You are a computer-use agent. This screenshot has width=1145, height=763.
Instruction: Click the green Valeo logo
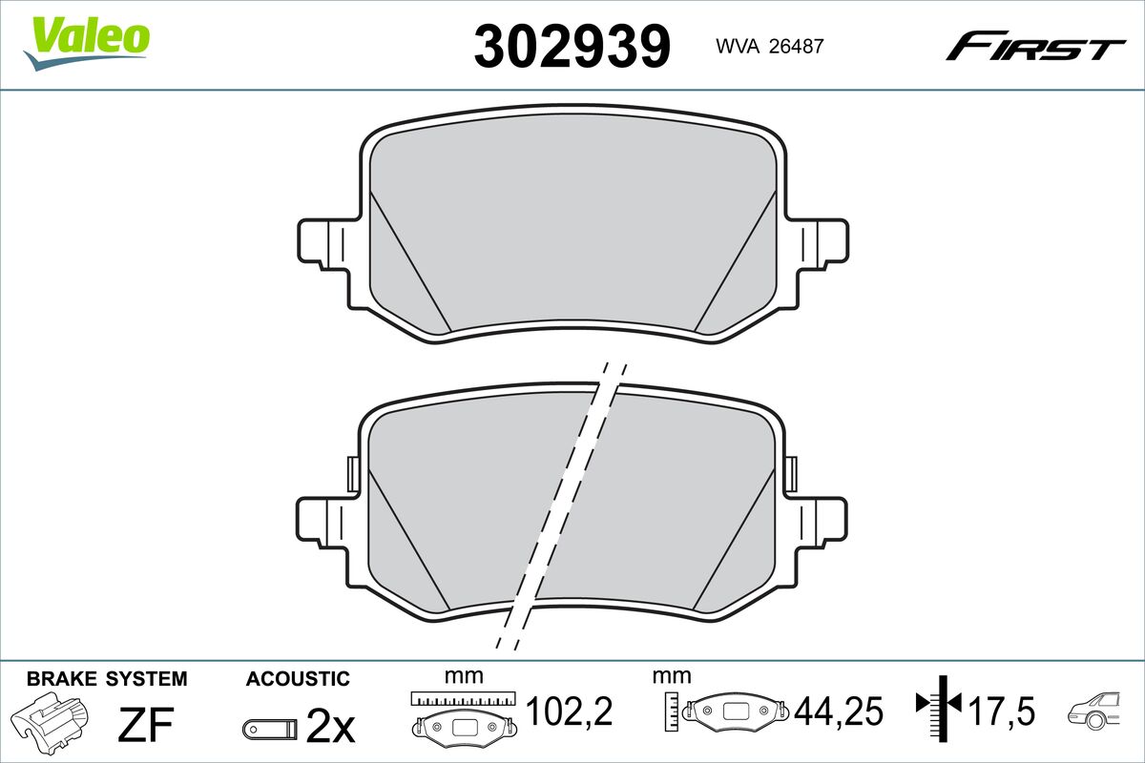[x=87, y=43]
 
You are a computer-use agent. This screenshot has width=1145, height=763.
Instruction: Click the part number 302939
[x=572, y=46]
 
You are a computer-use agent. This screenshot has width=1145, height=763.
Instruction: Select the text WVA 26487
[x=770, y=46]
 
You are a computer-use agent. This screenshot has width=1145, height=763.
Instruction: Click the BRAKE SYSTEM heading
[x=107, y=679]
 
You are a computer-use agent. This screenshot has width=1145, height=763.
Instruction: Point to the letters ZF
[x=146, y=724]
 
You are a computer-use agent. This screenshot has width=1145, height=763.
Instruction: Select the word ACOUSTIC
[x=298, y=679]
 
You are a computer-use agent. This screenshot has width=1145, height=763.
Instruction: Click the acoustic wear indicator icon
[x=270, y=729]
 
